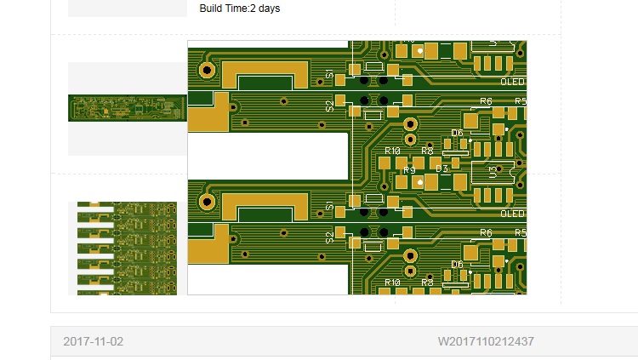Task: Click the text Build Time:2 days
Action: [239, 9]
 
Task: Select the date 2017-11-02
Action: [93, 341]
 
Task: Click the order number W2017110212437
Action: [486, 341]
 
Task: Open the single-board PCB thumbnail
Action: [127, 108]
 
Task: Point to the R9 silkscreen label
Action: [409, 169]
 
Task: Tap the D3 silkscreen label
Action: [441, 169]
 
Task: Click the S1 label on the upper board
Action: [330, 76]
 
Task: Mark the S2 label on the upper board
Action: [330, 106]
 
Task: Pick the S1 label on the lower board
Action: [330, 208]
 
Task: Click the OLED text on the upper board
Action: [512, 83]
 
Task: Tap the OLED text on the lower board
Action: [512, 214]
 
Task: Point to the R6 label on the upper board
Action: [486, 101]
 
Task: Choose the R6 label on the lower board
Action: [486, 233]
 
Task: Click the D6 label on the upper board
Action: [457, 133]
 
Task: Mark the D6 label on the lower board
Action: [457, 265]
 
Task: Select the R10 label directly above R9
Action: [392, 151]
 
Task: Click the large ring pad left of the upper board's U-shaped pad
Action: [207, 70]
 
